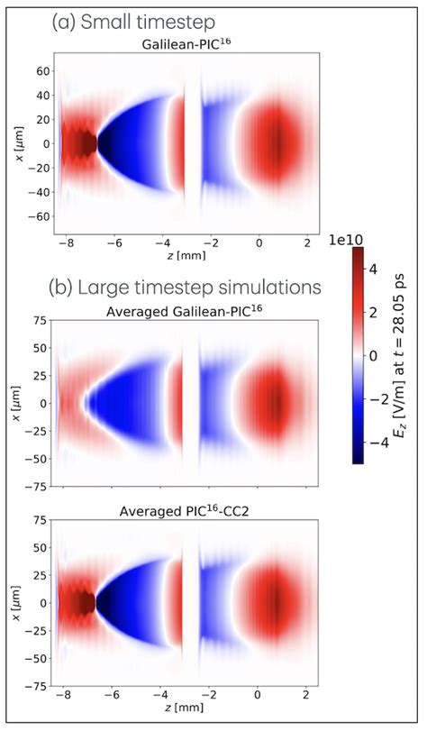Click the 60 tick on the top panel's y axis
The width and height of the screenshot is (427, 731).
(x=40, y=69)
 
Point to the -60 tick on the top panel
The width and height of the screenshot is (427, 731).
(x=36, y=217)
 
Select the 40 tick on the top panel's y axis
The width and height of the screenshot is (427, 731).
(x=40, y=94)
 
